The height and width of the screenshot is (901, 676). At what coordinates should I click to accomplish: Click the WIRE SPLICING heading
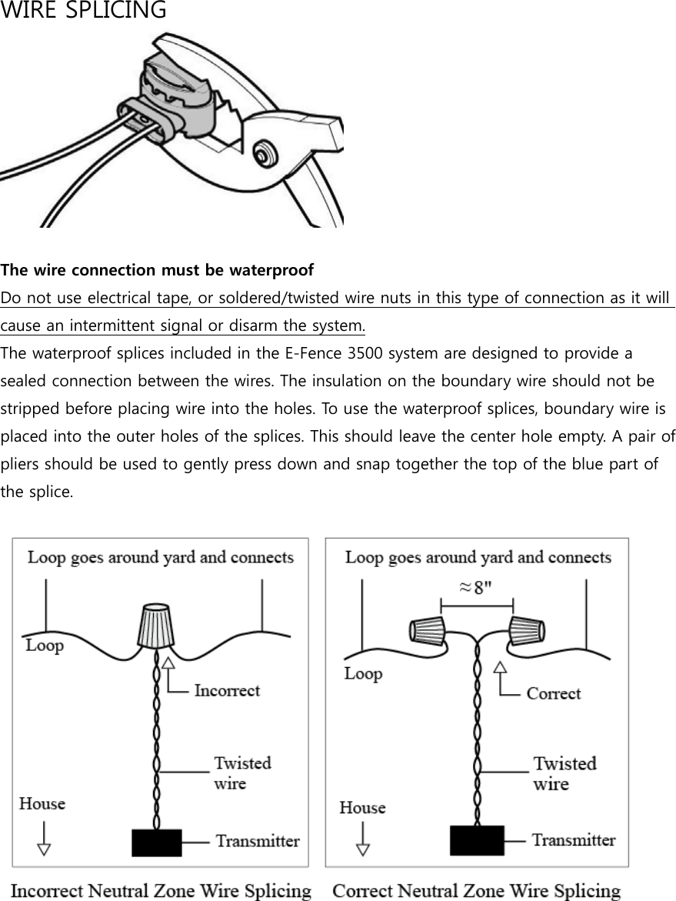(83, 11)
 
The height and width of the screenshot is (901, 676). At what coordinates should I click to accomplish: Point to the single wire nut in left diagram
(158, 626)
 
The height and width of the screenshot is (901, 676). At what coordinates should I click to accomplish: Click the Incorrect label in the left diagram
(227, 690)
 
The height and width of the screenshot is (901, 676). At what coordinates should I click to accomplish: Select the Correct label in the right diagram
(553, 693)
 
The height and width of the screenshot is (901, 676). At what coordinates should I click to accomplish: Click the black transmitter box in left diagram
(157, 842)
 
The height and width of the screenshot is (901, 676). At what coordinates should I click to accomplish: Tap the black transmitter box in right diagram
(477, 839)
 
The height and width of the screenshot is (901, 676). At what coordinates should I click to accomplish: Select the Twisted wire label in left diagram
(241, 773)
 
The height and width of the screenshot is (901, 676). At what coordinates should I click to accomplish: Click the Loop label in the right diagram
(363, 674)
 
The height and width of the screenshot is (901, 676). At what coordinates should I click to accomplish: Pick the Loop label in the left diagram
(45, 645)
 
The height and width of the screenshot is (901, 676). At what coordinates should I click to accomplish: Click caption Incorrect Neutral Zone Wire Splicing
(162, 891)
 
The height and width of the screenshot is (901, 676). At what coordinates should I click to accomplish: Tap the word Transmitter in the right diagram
(574, 840)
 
